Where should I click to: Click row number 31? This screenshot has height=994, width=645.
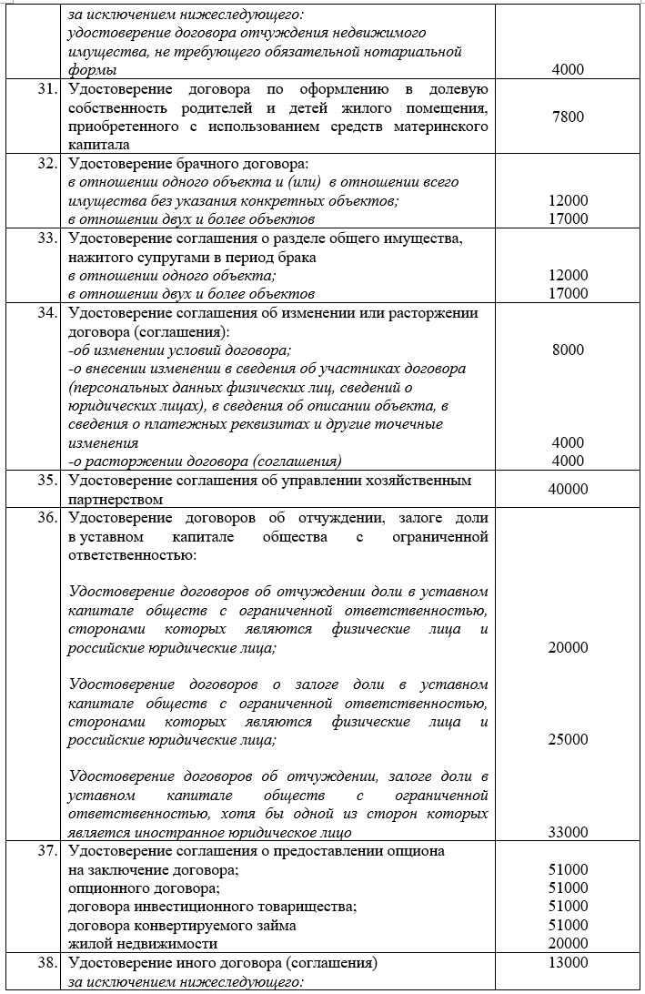[x=48, y=89]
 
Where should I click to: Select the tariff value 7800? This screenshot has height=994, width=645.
[x=568, y=117]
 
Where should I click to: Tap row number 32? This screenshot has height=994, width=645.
[x=48, y=164]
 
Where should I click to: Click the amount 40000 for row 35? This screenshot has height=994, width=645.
[x=569, y=489]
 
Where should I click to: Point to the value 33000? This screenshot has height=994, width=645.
[x=569, y=832]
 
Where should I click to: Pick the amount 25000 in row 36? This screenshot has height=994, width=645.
[x=569, y=740]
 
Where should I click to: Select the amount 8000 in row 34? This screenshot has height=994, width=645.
[x=568, y=350]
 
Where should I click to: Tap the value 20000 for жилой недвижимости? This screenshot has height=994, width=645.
[x=569, y=943]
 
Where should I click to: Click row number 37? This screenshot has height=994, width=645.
[x=48, y=851]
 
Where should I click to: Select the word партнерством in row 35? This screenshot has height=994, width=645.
[x=116, y=499]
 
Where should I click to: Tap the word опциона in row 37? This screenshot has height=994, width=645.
[x=418, y=851]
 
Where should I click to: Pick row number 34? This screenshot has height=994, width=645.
[x=48, y=313]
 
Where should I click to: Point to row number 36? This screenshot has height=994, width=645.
[x=48, y=518]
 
